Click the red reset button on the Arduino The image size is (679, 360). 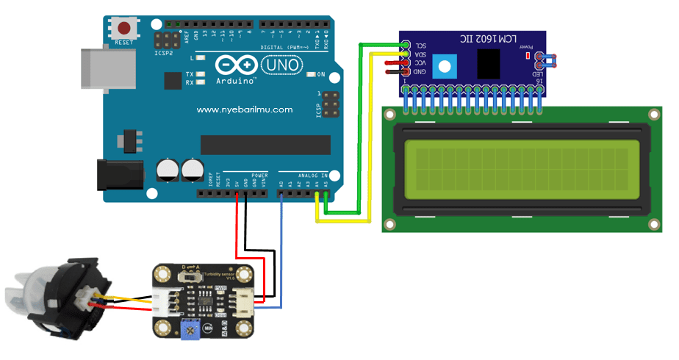coord(125,29)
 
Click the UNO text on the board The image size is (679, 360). coord(283,65)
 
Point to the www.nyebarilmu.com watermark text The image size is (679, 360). coord(245,109)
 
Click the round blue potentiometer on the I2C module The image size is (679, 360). coord(444,68)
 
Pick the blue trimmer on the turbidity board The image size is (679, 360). coord(191,331)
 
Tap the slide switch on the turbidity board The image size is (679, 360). coord(193,277)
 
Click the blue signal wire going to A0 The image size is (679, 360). coord(282,250)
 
